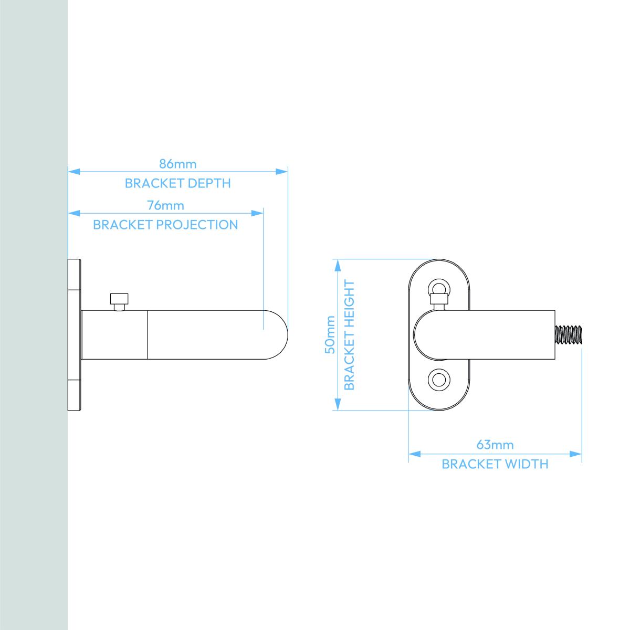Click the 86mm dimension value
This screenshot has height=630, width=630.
pos(177,164)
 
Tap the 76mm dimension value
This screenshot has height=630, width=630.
pos(165,205)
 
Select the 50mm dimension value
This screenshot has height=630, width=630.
pos(330,334)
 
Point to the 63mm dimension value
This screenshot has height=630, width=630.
pos(495,445)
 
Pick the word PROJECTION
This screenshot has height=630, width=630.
pos(197,225)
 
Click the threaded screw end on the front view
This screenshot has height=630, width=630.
pos(568,334)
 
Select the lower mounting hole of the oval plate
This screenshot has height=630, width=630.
pos(439,380)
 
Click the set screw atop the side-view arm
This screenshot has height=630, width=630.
pos(119,301)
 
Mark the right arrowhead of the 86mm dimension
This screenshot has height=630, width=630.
pos(281,172)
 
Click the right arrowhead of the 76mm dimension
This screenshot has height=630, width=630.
pos(257,214)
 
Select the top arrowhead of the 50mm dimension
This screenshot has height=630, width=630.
pos(338,266)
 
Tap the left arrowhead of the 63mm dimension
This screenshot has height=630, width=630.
pos(415,454)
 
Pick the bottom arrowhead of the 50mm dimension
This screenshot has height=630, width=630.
pos(338,404)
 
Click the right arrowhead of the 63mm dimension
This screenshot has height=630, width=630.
pos(576,454)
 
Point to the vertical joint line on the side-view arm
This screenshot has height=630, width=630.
pos(148,335)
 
